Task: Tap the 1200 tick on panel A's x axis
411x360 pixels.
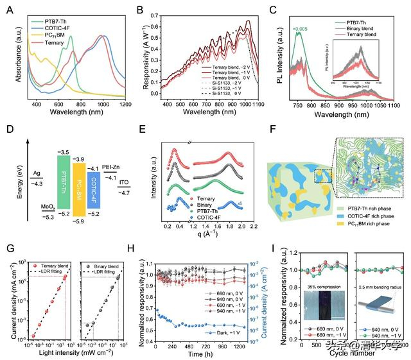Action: tap(125, 104)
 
